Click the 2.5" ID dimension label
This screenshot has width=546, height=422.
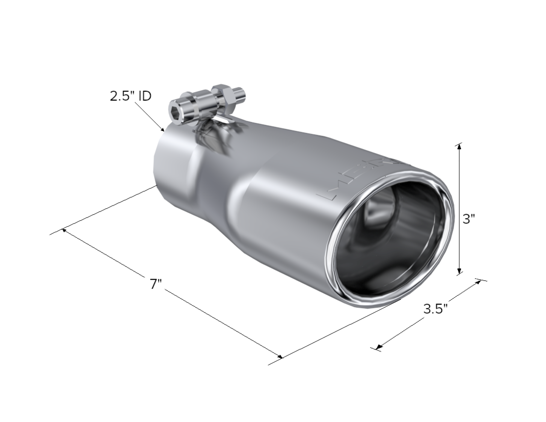click(x=130, y=96)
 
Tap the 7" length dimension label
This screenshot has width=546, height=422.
click(x=156, y=284)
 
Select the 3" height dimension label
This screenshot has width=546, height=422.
click(x=469, y=219)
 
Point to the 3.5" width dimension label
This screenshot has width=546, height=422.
click(x=436, y=309)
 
